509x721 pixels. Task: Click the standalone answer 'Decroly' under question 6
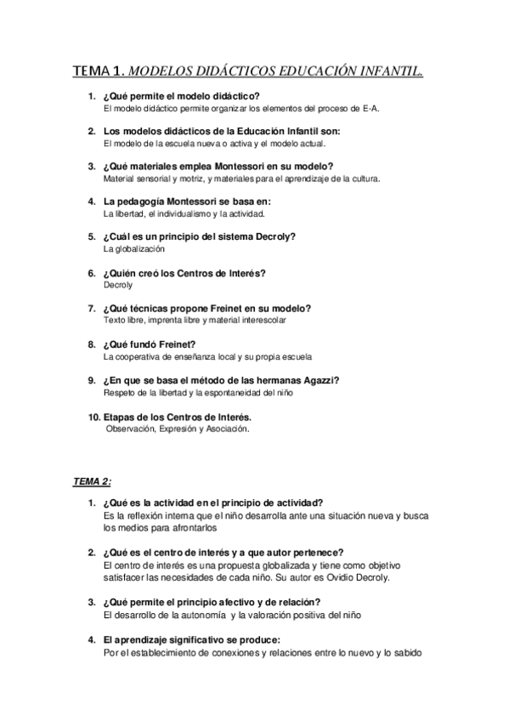pyautogui.click(x=118, y=285)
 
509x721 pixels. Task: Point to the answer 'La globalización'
pyautogui.click(x=133, y=249)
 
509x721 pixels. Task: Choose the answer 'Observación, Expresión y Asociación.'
pyautogui.click(x=178, y=429)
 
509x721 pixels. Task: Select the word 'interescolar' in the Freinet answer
pyautogui.click(x=260, y=321)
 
